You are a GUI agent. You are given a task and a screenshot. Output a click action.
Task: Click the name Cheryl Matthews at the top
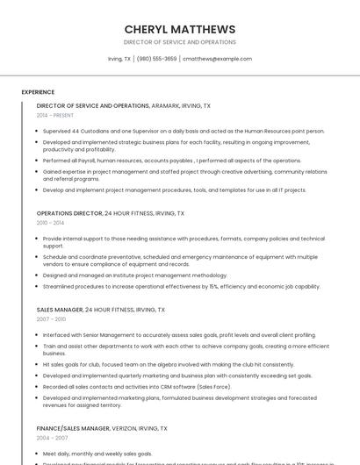click(180, 29)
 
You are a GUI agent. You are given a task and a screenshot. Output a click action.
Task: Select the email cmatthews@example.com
click(217, 59)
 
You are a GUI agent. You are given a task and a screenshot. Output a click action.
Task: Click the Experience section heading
click(38, 92)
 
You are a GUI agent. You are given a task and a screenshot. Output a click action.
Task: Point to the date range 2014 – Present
click(55, 115)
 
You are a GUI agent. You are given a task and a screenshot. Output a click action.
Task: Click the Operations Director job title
click(69, 213)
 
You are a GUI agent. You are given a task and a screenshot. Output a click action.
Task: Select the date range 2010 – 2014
click(51, 223)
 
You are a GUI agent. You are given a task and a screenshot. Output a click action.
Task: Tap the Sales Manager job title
click(60, 310)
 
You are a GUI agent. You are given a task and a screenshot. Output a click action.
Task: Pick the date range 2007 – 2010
click(51, 319)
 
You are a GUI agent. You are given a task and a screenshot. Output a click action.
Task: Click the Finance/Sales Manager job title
click(73, 428)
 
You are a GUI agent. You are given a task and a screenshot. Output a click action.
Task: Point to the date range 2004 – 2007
click(51, 438)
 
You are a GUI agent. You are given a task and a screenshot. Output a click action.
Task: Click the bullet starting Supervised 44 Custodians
click(183, 131)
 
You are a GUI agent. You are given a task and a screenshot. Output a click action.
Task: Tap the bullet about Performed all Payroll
click(171, 161)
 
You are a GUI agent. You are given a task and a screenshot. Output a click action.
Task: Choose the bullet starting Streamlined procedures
click(181, 286)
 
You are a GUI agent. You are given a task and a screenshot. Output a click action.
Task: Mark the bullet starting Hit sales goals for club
click(168, 364)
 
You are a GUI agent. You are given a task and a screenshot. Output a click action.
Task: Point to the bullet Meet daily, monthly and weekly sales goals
click(98, 454)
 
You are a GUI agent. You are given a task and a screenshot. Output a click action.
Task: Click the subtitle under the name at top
click(180, 42)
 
